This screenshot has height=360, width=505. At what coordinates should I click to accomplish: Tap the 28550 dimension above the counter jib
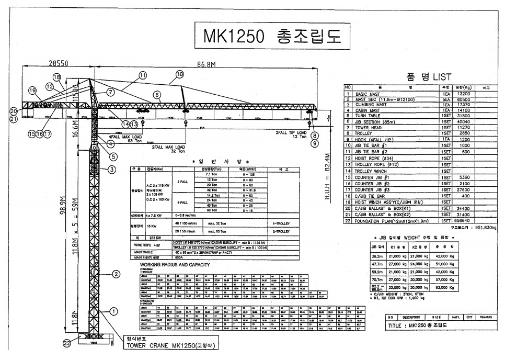click(59, 63)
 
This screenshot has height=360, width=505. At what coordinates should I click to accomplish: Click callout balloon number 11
click(143, 75)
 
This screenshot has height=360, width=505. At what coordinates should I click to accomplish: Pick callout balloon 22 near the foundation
click(66, 343)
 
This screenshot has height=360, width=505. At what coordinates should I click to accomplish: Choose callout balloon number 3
click(111, 169)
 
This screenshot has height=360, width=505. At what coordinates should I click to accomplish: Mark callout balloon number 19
click(32, 91)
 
